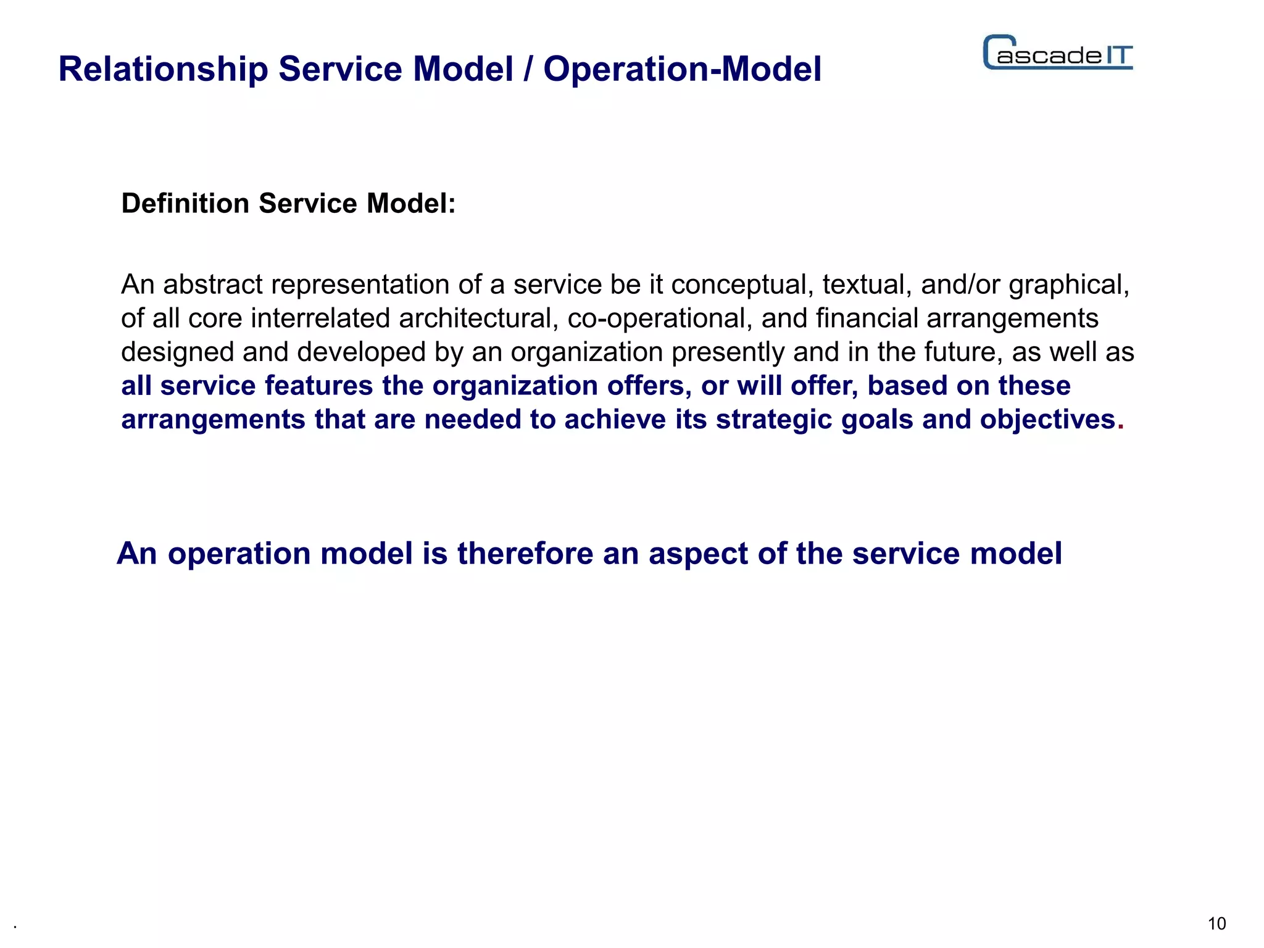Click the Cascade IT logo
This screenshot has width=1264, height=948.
(x=1058, y=53)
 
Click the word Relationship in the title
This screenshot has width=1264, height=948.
(x=163, y=69)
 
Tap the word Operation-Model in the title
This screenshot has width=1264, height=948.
(x=682, y=69)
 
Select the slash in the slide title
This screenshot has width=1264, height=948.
(x=528, y=69)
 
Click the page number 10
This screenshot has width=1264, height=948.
(x=1216, y=923)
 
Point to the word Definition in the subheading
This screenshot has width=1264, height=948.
(x=185, y=204)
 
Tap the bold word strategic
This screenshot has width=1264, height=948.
(x=774, y=420)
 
